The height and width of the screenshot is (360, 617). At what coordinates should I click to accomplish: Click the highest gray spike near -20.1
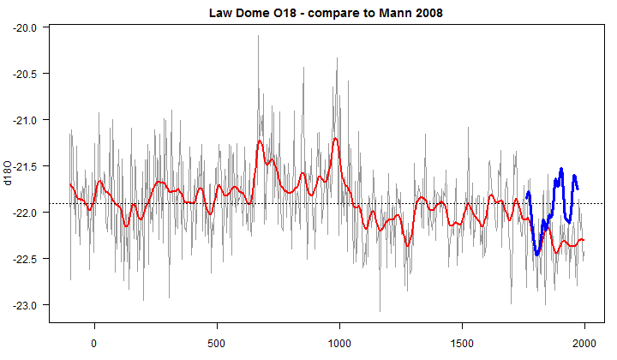[258, 37]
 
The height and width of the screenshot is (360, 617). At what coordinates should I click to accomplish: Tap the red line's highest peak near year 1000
[335, 138]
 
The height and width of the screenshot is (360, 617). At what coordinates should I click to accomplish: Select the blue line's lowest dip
[537, 255]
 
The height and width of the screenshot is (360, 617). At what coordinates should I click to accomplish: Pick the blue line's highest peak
[561, 169]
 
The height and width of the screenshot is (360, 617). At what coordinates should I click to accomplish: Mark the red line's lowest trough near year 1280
[408, 245]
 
